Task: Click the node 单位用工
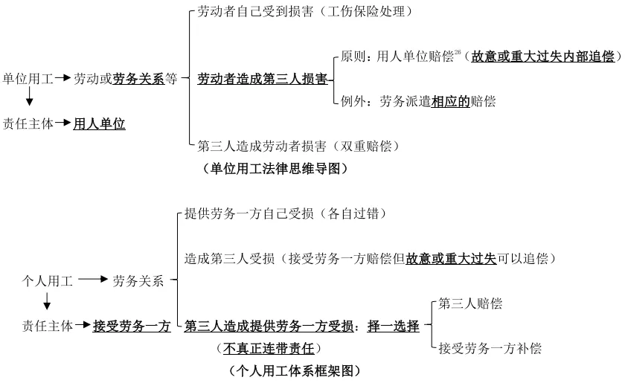click(28, 78)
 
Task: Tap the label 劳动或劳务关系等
click(125, 78)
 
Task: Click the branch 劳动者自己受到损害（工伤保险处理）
click(304, 12)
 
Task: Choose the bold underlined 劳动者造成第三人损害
click(262, 79)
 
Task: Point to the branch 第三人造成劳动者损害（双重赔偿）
click(298, 146)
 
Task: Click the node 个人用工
click(48, 281)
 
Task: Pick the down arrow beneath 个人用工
click(48, 302)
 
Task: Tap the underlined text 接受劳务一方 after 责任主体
click(132, 326)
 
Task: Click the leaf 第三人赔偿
click(469, 303)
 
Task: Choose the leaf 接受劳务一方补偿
click(490, 347)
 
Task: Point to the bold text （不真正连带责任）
click(263, 347)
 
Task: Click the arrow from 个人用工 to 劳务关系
click(93, 281)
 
